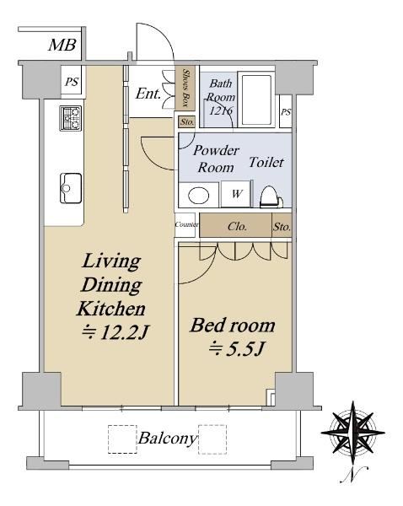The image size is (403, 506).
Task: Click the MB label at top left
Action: [62, 45]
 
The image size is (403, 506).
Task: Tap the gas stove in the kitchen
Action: [71, 118]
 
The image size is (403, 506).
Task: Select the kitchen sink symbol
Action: [71, 188]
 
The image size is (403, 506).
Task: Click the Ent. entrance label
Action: [148, 94]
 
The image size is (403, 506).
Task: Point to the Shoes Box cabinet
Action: [185, 88]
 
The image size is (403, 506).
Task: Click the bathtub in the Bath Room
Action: [256, 100]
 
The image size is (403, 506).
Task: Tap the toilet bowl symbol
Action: [271, 196]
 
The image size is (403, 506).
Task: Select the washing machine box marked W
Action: [236, 194]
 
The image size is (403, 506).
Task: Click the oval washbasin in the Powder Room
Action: [199, 196]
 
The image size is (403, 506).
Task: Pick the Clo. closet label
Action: [237, 226]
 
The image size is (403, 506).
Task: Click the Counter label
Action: [186, 224]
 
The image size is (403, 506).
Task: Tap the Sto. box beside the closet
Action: [282, 226]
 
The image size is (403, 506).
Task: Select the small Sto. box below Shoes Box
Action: [187, 122]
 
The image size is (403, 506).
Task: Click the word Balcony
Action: [168, 439]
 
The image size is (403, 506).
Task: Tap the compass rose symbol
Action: [353, 432]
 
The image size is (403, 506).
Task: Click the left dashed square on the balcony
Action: [122, 439]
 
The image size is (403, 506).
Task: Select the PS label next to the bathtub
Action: [286, 112]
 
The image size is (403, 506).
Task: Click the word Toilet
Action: [266, 162]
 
